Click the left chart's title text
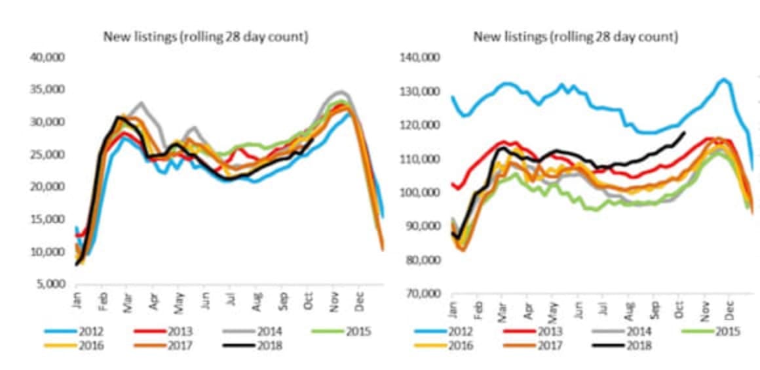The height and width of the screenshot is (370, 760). click(x=206, y=37)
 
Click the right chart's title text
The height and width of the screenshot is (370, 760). click(x=575, y=37)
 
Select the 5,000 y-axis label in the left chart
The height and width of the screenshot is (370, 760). click(x=50, y=284)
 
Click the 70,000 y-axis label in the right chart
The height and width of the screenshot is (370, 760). click(x=423, y=293)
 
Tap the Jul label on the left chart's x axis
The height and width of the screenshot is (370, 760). click(x=229, y=301)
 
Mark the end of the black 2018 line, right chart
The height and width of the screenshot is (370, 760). click(x=685, y=133)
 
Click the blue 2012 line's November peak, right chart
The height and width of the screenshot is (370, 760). click(x=723, y=79)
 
